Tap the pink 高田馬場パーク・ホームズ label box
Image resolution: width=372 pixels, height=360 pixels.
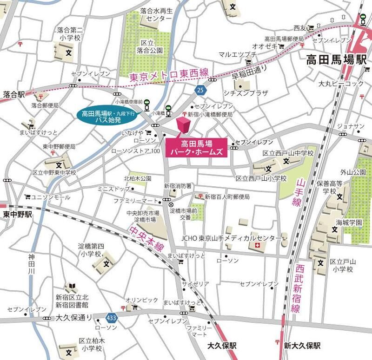(x=196, y=148)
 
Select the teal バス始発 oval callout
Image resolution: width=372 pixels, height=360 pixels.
(x=108, y=116)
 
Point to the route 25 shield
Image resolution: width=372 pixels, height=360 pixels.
(x=200, y=89)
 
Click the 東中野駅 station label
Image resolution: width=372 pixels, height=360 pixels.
(x=17, y=214)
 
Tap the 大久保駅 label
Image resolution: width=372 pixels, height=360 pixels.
(x=222, y=346)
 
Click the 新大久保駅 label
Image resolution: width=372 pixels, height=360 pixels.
(x=302, y=346)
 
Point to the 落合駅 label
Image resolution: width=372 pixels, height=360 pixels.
(x=13, y=94)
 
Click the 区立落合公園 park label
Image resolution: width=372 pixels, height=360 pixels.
(x=151, y=46)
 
